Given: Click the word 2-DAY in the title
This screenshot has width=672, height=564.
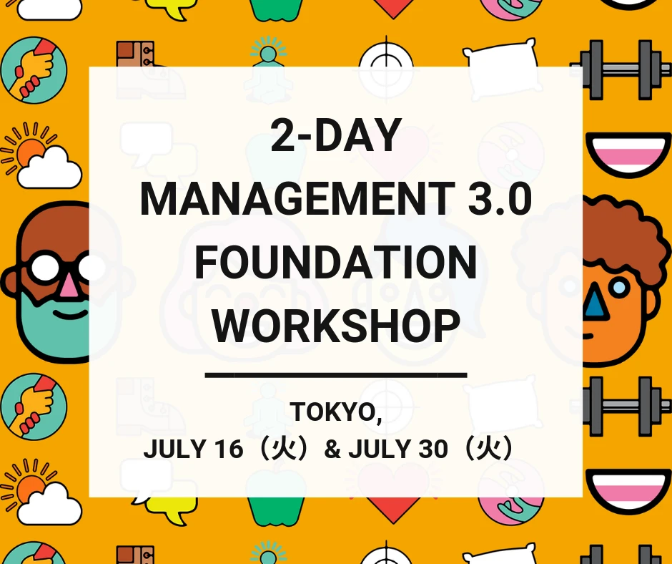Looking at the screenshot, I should [335, 137].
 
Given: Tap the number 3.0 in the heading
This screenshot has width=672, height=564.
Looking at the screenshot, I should [499, 199].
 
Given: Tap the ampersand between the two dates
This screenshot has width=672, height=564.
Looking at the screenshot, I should [332, 449].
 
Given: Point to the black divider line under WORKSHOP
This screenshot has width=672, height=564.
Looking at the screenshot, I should [335, 374].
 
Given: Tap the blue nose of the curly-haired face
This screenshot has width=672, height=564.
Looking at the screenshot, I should [595, 305].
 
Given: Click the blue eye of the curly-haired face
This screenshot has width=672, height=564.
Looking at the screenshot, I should [620, 287].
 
